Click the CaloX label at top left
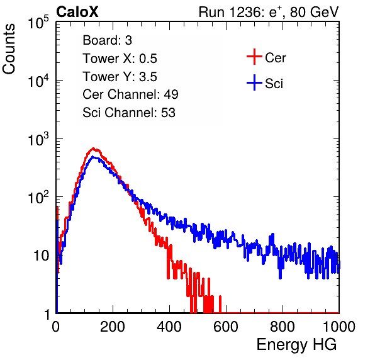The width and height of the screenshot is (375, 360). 77,12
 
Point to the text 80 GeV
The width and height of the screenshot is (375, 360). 314,12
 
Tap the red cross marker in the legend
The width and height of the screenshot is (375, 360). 254,57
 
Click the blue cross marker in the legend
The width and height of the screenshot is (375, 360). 254,82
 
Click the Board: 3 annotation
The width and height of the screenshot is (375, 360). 107,40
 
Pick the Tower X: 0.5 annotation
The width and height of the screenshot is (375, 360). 120,59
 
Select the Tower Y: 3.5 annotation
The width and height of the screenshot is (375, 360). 120,77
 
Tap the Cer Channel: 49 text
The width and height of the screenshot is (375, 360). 130,94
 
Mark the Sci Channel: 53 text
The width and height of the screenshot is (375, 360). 129,113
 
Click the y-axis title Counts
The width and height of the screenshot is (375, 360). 9,49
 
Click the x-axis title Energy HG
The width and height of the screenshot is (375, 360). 296,345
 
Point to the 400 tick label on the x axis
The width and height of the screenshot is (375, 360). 169,327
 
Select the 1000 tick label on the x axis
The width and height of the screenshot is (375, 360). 339,327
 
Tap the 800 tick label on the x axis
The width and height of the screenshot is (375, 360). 283,327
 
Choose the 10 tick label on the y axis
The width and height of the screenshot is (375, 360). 41,256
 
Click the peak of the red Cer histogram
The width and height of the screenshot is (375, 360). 94,149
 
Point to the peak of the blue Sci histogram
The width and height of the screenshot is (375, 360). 94,157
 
